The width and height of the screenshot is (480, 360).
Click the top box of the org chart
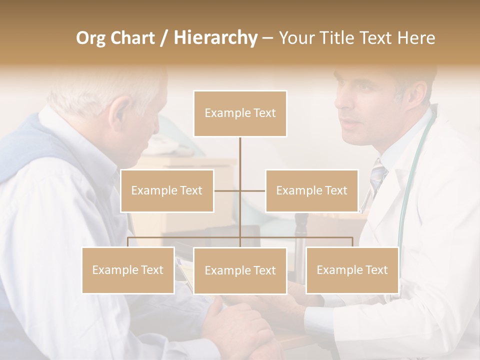240,113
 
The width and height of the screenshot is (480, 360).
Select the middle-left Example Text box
167,190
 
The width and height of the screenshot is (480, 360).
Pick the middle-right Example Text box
311,190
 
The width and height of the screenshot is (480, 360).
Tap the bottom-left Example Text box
128,270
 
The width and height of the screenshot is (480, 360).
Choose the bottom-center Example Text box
240,270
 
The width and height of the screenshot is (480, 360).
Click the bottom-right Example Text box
352,270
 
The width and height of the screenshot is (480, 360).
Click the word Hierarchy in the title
215,37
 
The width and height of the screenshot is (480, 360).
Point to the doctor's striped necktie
378,175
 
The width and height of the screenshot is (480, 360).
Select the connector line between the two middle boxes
240,190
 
